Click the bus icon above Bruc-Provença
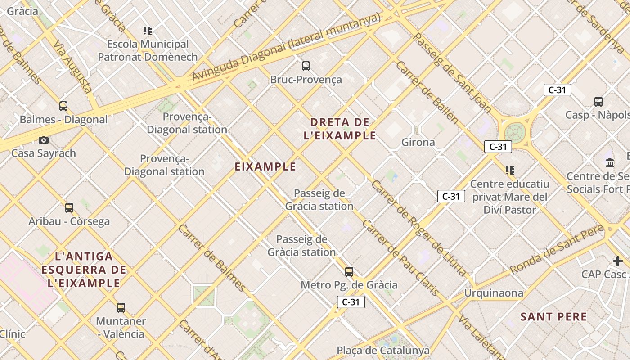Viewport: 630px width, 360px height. pyautogui.click(x=306, y=67)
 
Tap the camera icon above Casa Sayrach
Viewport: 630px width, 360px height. pyautogui.click(x=44, y=140)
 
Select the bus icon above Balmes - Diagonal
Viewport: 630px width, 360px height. pyautogui.click(x=63, y=106)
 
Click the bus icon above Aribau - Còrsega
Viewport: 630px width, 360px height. pyautogui.click(x=69, y=208)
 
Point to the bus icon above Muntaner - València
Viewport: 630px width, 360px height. pyautogui.click(x=121, y=308)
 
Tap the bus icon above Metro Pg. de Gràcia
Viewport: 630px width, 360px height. pyautogui.click(x=349, y=272)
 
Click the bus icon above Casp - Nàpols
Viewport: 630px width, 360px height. pyautogui.click(x=598, y=102)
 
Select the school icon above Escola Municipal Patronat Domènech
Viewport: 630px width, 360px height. pyautogui.click(x=148, y=31)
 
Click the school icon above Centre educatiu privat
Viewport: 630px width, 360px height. pyautogui.click(x=510, y=171)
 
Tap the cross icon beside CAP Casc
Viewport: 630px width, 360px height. pyautogui.click(x=618, y=261)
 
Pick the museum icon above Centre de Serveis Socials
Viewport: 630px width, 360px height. pyautogui.click(x=610, y=162)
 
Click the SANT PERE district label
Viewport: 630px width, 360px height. pyautogui.click(x=553, y=317)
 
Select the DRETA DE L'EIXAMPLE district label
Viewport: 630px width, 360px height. pyautogui.click(x=340, y=129)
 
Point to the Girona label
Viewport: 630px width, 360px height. pyautogui.click(x=418, y=143)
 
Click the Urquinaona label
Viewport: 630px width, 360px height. pyautogui.click(x=494, y=293)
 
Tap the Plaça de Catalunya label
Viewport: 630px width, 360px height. pyautogui.click(x=383, y=350)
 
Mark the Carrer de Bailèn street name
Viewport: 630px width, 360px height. pyautogui.click(x=427, y=92)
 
